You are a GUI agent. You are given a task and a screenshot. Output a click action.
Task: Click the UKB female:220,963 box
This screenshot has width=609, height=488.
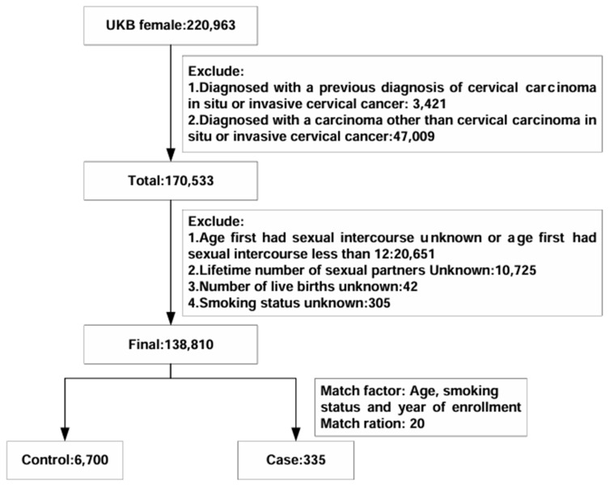tap(171, 26)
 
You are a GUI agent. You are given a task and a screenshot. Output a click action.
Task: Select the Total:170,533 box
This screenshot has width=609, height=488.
tap(171, 181)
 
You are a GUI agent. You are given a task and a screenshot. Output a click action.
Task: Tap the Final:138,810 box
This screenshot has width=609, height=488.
tap(171, 344)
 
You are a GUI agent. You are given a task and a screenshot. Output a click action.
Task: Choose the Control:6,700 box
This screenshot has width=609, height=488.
tap(65, 460)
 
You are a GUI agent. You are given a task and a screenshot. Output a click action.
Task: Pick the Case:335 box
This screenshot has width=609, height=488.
tap(296, 460)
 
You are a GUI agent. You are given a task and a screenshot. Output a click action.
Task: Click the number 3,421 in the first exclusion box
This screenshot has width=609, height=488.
tap(429, 104)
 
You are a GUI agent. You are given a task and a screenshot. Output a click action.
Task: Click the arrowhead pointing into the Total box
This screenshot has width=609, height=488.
tap(171, 155)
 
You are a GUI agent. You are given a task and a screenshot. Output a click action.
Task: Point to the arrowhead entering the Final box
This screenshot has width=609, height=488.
tap(171, 318)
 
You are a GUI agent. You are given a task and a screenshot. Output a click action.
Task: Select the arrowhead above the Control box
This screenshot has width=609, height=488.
tap(65, 434)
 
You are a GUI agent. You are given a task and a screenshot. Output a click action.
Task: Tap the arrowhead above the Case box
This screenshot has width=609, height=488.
tap(296, 434)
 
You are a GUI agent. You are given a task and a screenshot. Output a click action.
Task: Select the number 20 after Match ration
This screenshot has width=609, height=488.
tap(417, 423)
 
